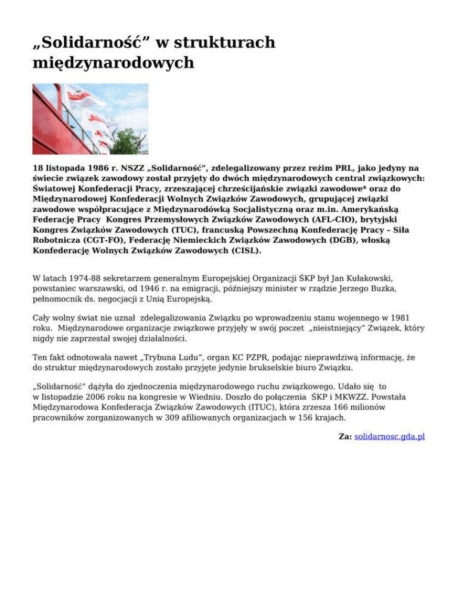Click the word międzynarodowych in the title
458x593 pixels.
tap(113, 62)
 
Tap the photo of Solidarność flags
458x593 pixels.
tap(90, 119)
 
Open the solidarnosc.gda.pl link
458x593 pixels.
tap(389, 437)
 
